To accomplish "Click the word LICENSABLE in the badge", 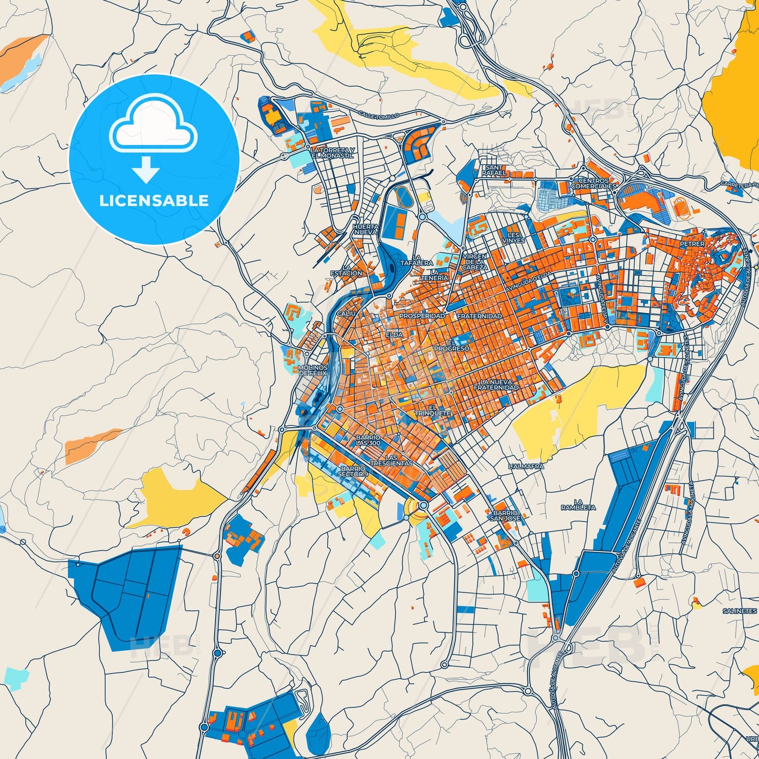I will [154, 201].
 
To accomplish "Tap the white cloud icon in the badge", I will [153, 126].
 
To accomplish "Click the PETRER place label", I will [692, 244].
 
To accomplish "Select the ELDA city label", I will [394, 335].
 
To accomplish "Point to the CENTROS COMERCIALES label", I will [594, 183].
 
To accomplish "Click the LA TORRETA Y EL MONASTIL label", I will [332, 153].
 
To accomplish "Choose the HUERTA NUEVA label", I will [365, 229].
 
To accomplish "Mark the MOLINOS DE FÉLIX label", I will [313, 370].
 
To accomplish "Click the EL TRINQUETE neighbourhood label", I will [433, 410].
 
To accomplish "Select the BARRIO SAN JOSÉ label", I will [505, 515].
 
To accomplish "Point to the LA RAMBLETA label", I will [578, 505].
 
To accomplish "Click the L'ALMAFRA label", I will [527, 466].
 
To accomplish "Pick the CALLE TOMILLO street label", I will [379, 115].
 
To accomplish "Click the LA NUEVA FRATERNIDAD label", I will [496, 384].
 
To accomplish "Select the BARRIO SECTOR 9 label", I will [353, 471].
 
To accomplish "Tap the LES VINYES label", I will [513, 237].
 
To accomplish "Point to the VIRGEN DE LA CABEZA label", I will [475, 262].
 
